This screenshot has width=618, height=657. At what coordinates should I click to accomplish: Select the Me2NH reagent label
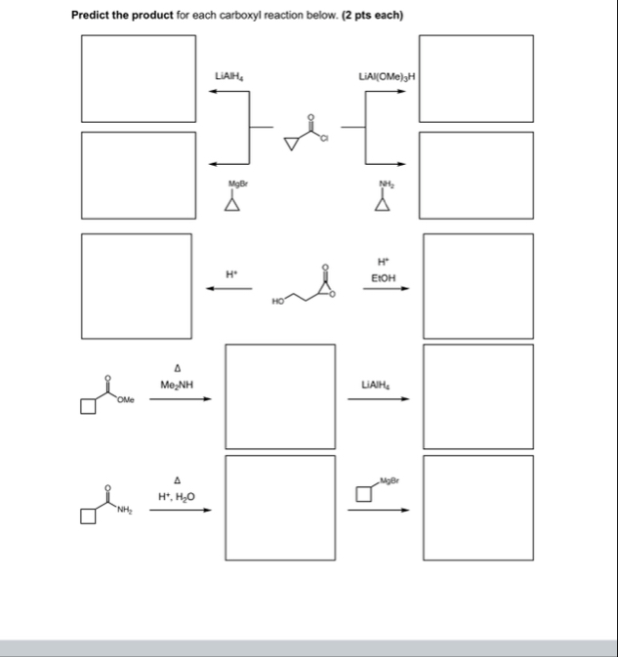pyautogui.click(x=178, y=385)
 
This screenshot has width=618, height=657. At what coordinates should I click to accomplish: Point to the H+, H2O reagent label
pyautogui.click(x=177, y=497)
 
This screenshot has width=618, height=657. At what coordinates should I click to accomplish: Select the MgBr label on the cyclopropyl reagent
pyautogui.click(x=232, y=184)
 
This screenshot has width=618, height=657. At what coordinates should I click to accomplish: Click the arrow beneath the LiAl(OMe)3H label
pyautogui.click(x=386, y=94)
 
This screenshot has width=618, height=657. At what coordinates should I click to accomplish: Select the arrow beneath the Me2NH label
pyautogui.click(x=180, y=398)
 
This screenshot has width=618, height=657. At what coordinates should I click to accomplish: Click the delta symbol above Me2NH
pyautogui.click(x=178, y=368)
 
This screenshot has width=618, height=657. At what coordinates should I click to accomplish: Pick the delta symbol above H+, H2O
pyautogui.click(x=178, y=480)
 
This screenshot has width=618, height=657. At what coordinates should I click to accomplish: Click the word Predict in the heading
pyautogui.click(x=93, y=15)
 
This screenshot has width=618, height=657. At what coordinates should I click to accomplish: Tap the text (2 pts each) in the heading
pyautogui.click(x=372, y=15)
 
